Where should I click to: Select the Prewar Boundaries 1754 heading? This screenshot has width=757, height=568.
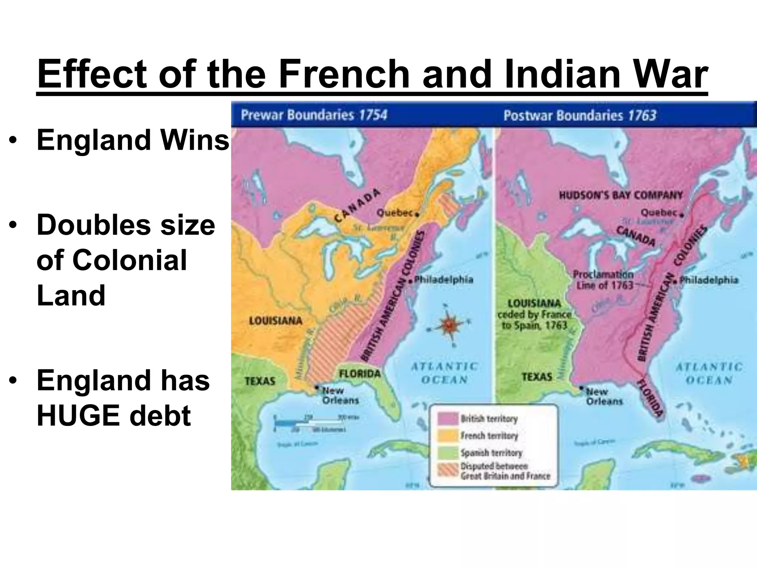[314, 115]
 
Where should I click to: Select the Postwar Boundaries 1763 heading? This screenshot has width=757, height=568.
[580, 115]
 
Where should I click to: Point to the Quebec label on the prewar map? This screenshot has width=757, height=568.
[394, 213]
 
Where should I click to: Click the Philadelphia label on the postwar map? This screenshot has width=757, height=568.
[709, 280]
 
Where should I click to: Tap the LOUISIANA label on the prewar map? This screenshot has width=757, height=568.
[275, 321]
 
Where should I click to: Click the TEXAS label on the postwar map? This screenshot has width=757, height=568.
[537, 377]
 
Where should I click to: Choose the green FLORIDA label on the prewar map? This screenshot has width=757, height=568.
[360, 373]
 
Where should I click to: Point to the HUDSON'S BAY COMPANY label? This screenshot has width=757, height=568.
[621, 195]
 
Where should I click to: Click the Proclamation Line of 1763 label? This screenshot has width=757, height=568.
[603, 280]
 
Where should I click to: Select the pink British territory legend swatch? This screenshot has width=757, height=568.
[448, 419]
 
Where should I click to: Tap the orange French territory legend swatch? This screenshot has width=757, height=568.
[448, 436]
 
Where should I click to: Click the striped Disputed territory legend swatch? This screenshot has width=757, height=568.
[448, 470]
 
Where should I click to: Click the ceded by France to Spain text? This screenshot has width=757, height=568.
[534, 320]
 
